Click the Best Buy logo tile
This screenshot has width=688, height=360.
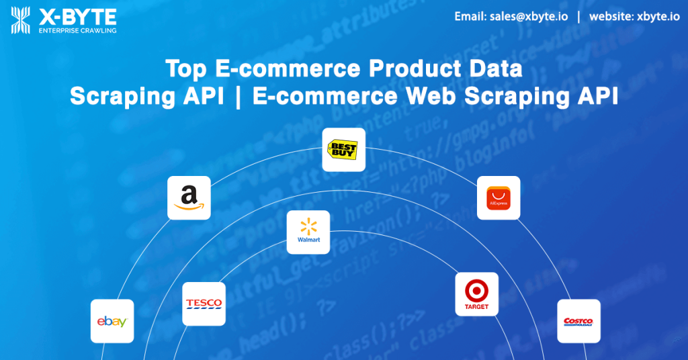(x=343, y=149)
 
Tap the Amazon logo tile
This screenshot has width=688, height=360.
(x=189, y=197)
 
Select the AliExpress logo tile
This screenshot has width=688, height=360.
(x=498, y=197)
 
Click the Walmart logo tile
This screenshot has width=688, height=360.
(x=308, y=232)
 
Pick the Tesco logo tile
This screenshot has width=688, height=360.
(x=204, y=304)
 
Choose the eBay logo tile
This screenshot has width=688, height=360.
(x=112, y=321)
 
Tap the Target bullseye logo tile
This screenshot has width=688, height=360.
(x=476, y=294)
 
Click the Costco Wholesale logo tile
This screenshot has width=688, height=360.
(x=578, y=321)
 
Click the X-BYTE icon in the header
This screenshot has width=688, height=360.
(x=21, y=20)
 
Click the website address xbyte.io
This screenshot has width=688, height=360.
(x=657, y=17)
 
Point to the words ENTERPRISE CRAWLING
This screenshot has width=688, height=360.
(x=78, y=30)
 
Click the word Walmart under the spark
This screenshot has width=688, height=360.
(x=308, y=240)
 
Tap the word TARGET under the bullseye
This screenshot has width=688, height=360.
(x=476, y=307)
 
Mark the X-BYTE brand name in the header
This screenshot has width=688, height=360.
(x=78, y=15)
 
